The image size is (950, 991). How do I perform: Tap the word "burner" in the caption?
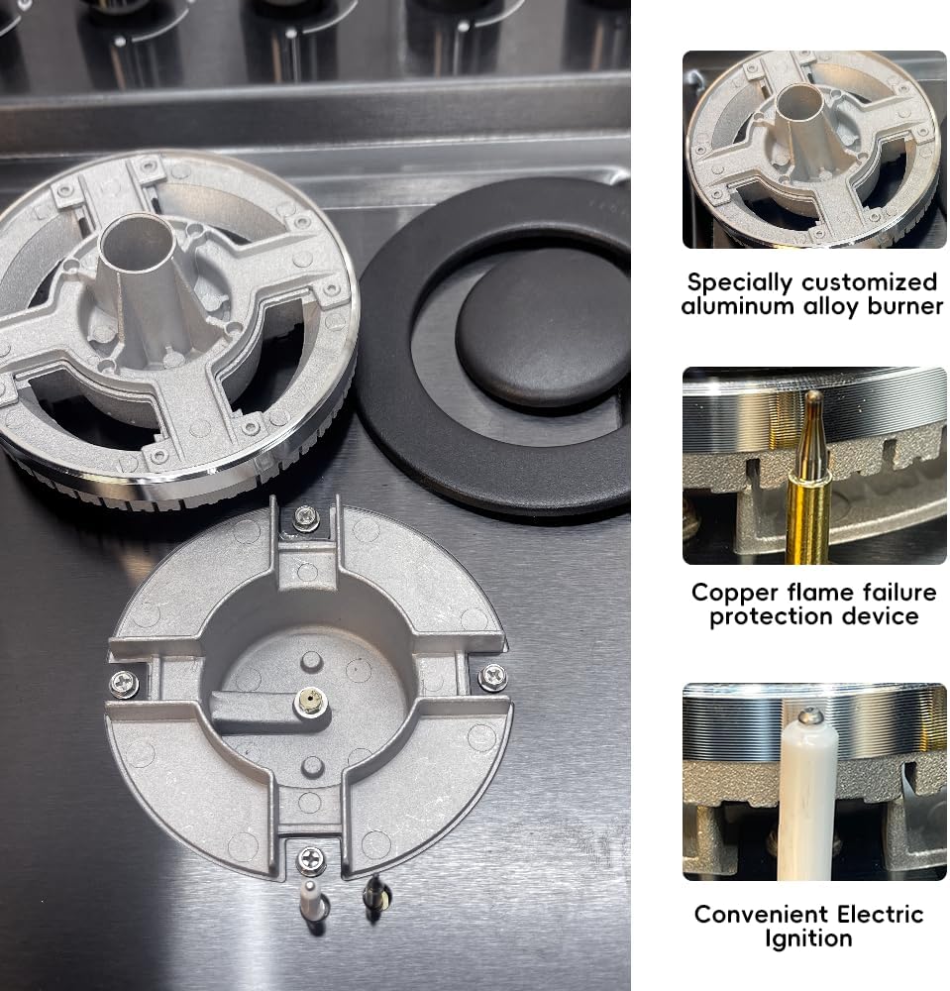[x=905, y=306]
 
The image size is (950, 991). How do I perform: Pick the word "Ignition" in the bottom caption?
[x=808, y=939]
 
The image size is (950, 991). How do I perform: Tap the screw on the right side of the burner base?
[x=492, y=677]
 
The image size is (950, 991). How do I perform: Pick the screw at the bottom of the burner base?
[x=311, y=861]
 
